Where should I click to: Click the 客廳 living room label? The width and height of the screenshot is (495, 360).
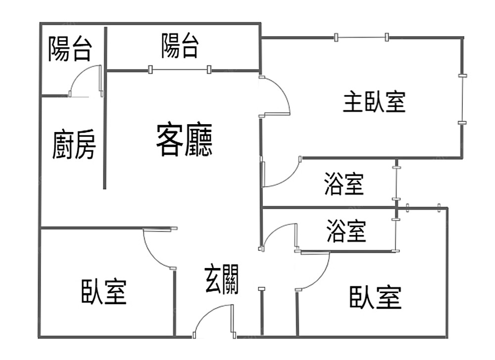point(184,140)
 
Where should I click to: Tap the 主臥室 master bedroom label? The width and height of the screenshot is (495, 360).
point(374,101)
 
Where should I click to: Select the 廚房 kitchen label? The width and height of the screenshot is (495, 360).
point(74,144)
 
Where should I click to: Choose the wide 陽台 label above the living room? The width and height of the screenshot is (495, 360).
point(180,45)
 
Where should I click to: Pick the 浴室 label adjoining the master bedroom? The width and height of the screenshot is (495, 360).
point(344,183)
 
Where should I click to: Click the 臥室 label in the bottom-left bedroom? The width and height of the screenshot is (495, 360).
point(104,292)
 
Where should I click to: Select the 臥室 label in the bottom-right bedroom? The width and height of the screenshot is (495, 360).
point(376,297)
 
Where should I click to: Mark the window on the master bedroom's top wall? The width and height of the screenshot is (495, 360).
point(361,37)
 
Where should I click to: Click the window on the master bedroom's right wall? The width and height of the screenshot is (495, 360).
point(462,99)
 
